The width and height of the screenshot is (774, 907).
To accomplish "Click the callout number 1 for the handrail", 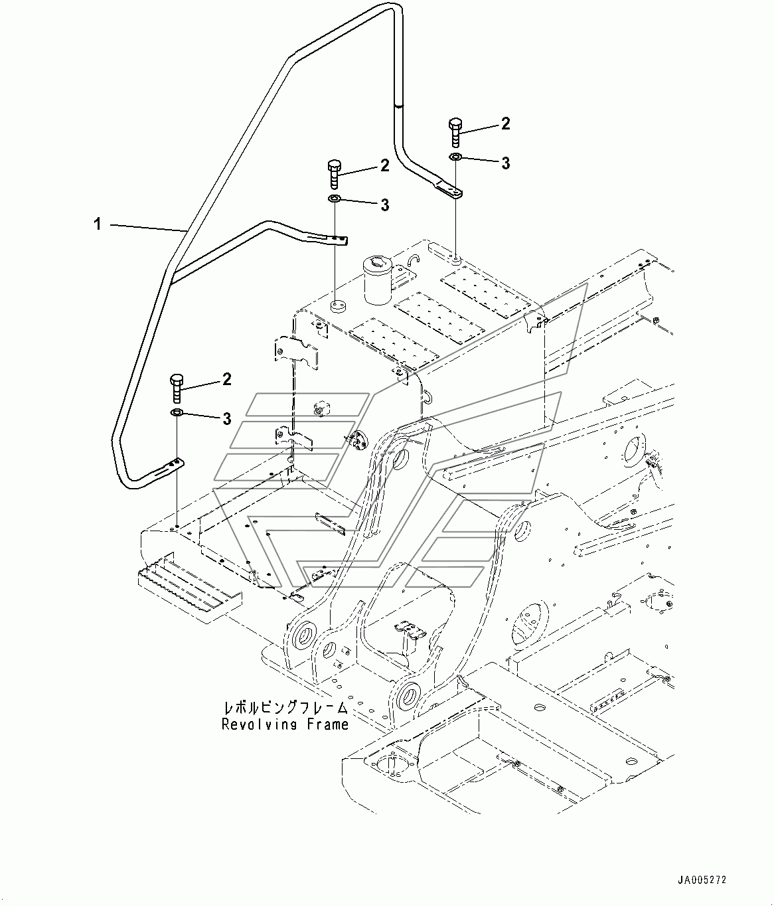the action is click(98, 224).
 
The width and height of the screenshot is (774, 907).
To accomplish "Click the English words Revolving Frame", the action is click(285, 724).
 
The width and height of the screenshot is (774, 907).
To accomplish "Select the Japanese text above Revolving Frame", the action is click(285, 707).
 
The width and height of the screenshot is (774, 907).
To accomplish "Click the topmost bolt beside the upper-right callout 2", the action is click(455, 132).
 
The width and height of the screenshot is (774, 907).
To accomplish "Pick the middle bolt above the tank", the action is click(335, 174).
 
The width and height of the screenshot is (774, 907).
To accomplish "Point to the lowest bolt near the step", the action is click(177, 388).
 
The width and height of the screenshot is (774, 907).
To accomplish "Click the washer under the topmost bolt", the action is click(455, 157).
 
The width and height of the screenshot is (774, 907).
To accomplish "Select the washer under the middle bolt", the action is click(335, 199).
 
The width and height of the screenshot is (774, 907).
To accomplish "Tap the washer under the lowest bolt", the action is click(177, 412).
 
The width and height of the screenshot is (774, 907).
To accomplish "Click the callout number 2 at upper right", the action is click(505, 124).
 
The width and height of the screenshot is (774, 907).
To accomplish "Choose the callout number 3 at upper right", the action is click(505, 163).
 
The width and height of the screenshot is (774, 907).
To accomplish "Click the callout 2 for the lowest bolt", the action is click(226, 379).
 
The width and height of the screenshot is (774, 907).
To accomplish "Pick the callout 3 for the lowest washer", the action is click(226, 418).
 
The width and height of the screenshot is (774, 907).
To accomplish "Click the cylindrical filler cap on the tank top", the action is click(378, 280).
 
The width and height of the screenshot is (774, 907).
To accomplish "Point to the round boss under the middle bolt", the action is click(337, 307).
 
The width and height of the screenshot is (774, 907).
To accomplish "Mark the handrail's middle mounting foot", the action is click(329, 240).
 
